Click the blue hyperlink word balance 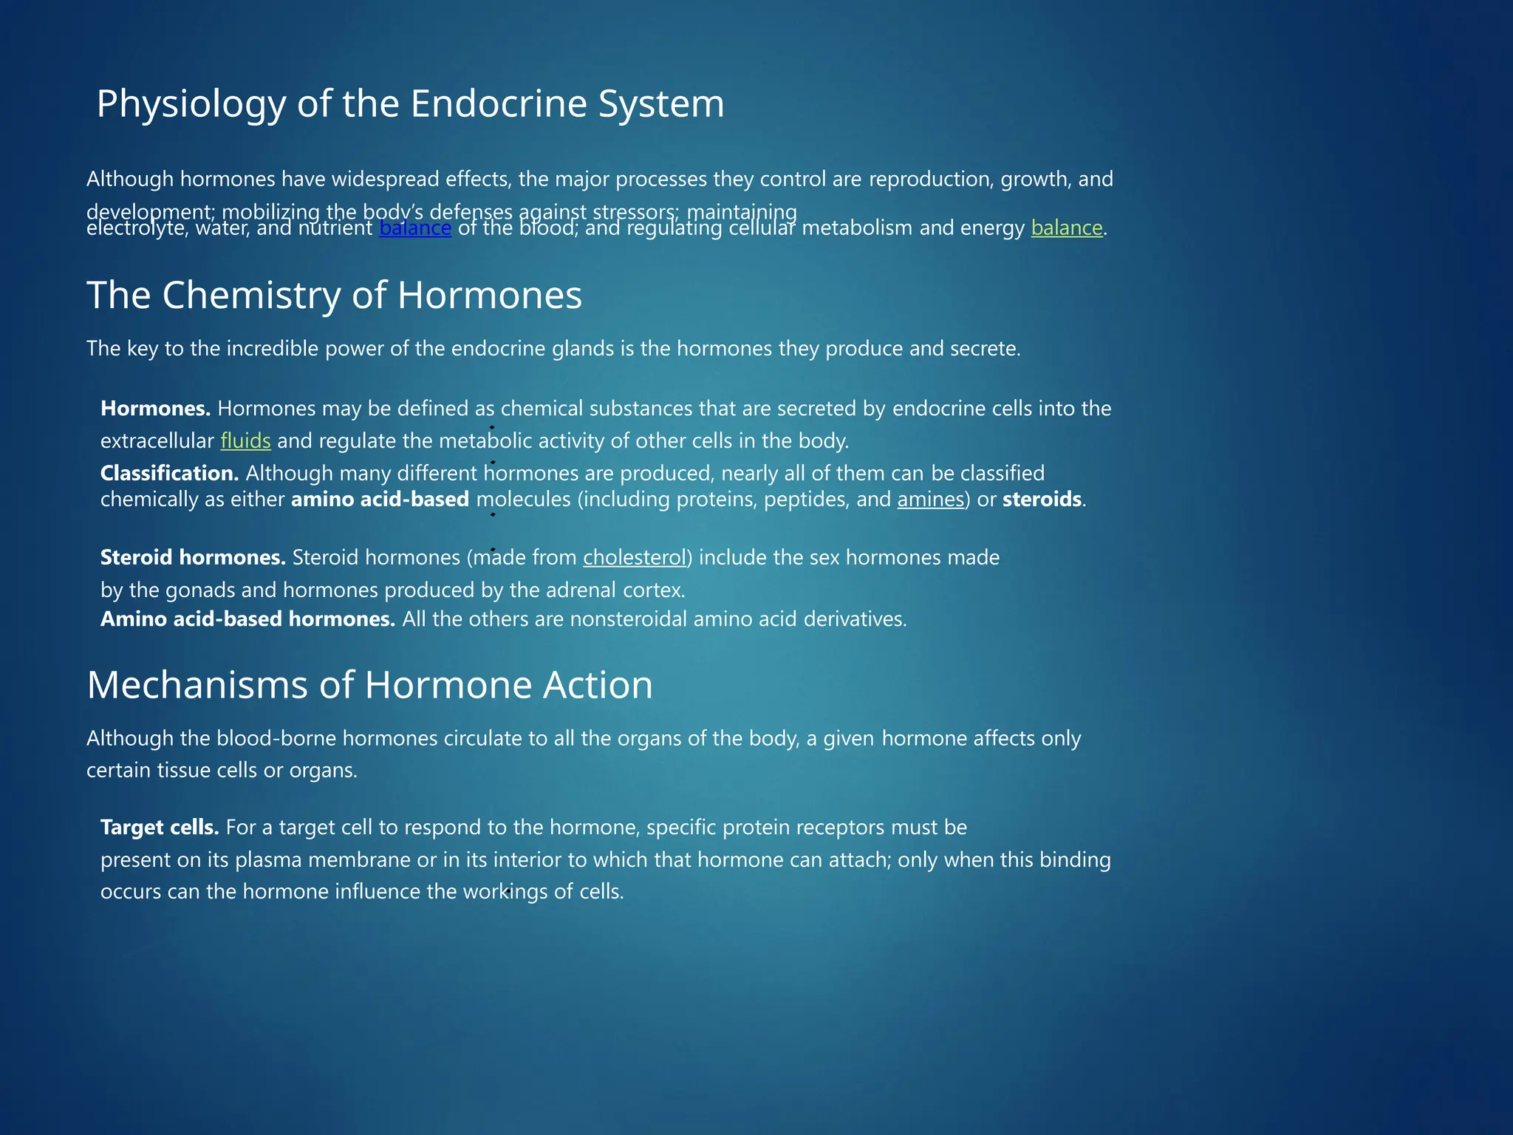[415, 228]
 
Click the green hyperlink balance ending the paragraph [1066, 228]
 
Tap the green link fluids [245, 441]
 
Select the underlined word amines [930, 500]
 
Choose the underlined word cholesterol [635, 557]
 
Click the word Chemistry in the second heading [250, 296]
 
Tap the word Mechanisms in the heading [197, 685]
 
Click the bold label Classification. [169, 473]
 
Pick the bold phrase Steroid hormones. [193, 557]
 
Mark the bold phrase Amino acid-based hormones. [247, 619]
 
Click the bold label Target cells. [160, 827]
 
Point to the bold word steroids [1042, 500]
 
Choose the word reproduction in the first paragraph [931, 180]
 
